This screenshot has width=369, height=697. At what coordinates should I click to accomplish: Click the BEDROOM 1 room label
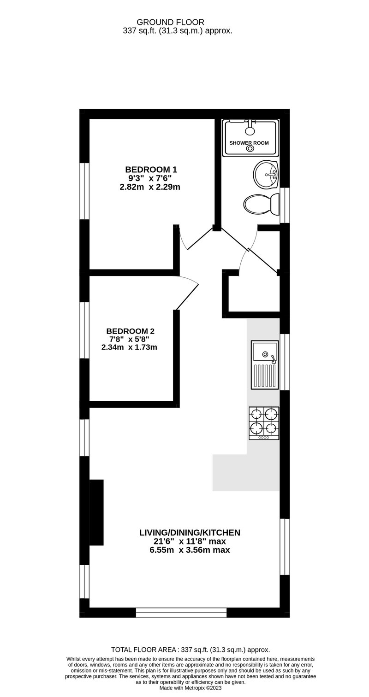point(151,170)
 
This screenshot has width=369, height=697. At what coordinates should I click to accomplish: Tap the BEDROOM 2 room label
point(130,331)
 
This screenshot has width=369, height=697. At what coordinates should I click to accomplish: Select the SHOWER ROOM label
point(249,143)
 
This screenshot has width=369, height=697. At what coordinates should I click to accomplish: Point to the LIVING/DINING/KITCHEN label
point(190,533)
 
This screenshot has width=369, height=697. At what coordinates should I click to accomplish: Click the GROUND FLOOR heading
point(171,22)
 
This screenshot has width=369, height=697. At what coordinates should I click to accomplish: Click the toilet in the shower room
point(261,204)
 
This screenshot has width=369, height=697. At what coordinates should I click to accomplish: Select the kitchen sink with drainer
point(265,365)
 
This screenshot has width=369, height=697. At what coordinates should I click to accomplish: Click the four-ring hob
point(264,423)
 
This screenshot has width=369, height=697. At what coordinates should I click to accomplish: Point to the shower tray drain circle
point(250,148)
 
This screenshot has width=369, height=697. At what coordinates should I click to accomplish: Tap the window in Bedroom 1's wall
point(84,191)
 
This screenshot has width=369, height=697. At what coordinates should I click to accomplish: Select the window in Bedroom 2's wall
point(84,330)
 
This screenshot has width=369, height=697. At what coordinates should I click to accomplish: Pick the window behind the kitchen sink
point(284,362)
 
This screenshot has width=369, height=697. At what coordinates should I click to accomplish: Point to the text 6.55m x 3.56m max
point(190,550)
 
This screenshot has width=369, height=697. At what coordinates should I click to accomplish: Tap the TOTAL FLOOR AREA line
point(190,650)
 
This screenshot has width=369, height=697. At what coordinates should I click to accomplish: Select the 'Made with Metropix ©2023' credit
point(190,688)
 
